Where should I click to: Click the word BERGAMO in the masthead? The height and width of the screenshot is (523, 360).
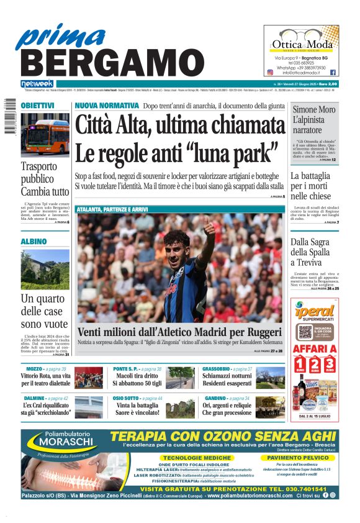[x=107, y=63]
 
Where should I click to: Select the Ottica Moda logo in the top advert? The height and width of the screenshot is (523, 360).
[x=301, y=43]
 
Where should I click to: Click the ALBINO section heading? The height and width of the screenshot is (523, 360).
[x=34, y=241]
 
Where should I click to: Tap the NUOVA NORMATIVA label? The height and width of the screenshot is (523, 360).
[x=106, y=106]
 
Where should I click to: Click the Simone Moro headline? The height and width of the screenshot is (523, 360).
[x=314, y=120]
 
